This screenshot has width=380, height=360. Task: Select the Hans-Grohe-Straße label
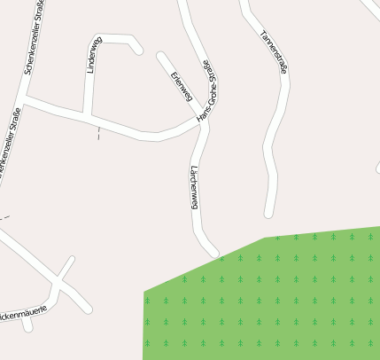[x=206, y=91]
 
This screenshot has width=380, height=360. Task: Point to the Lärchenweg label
[x=194, y=187]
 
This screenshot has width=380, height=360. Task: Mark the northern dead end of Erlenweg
[x=161, y=56]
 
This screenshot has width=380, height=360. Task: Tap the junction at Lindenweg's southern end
[x=87, y=116]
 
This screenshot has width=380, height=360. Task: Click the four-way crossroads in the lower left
[x=59, y=283]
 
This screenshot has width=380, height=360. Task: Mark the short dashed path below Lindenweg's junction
[x=98, y=133]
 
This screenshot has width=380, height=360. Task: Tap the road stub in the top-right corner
[x=370, y=7]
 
